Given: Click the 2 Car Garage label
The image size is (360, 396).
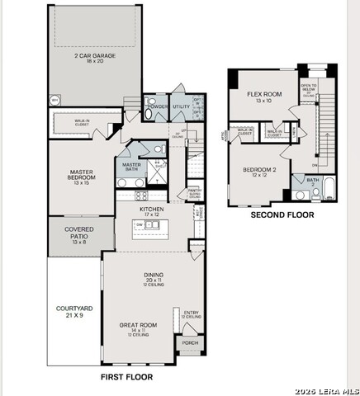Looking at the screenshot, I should click(x=93, y=56).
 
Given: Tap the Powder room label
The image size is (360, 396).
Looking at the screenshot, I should click(x=156, y=106).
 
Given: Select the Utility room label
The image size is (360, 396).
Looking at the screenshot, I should click(x=181, y=106).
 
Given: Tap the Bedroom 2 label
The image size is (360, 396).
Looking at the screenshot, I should click(x=259, y=172).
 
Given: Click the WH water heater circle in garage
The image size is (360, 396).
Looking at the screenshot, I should click(x=54, y=100).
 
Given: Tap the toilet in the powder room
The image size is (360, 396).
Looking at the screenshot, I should click(x=149, y=115).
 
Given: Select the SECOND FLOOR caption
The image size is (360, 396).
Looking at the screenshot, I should click(x=282, y=214).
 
